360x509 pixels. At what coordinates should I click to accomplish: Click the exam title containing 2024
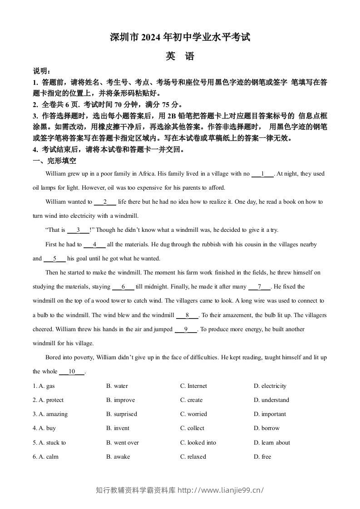pyautogui.click(x=180, y=38)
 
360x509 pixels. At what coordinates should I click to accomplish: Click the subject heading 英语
pyautogui.click(x=180, y=57)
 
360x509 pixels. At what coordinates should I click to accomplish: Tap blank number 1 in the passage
pyautogui.click(x=262, y=174)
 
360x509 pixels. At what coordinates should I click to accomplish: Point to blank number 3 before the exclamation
pyautogui.click(x=78, y=230)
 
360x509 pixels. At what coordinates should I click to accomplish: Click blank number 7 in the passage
pyautogui.click(x=259, y=287)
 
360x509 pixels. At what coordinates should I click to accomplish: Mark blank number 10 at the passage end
pyautogui.click(x=72, y=372)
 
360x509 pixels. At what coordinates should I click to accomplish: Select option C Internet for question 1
pyautogui.click(x=193, y=386)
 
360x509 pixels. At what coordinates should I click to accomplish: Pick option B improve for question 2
pyautogui.click(x=120, y=400)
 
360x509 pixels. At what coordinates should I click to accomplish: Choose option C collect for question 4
pyautogui.click(x=192, y=428)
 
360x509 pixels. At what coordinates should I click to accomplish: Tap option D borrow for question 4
pyautogui.click(x=267, y=428)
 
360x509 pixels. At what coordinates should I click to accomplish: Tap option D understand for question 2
pyautogui.click(x=271, y=400)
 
